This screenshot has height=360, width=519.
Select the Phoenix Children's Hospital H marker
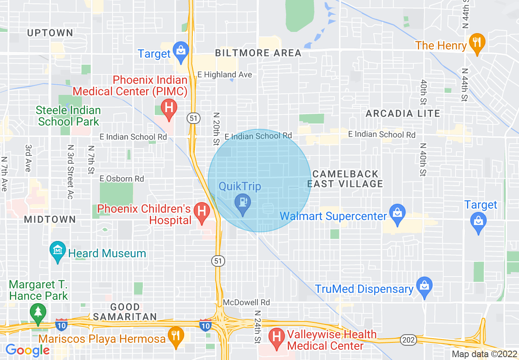201,212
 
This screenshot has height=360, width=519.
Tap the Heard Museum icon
58,250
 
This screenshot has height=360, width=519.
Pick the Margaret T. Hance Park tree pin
38,313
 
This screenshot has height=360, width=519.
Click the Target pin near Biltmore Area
180,50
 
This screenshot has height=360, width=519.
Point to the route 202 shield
408,340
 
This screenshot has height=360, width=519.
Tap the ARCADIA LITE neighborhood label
403,113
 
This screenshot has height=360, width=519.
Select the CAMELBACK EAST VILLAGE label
345,179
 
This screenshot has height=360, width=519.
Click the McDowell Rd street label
246,302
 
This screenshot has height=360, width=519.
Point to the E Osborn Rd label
122,179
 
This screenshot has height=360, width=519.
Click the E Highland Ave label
225,74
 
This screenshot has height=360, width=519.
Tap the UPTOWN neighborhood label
50,33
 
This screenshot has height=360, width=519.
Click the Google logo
27,351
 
